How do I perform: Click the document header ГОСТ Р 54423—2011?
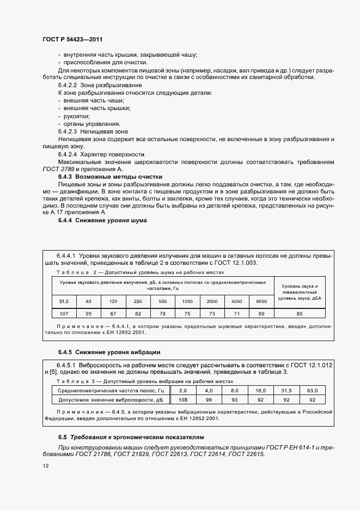point(72,40)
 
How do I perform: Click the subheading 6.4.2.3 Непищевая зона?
point(93,132)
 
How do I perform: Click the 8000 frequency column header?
point(261,301)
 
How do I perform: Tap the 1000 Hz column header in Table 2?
point(187,301)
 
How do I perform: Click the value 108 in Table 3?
point(182,399)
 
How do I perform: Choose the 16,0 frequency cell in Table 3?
point(260,391)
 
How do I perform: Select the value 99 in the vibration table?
point(209,399)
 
